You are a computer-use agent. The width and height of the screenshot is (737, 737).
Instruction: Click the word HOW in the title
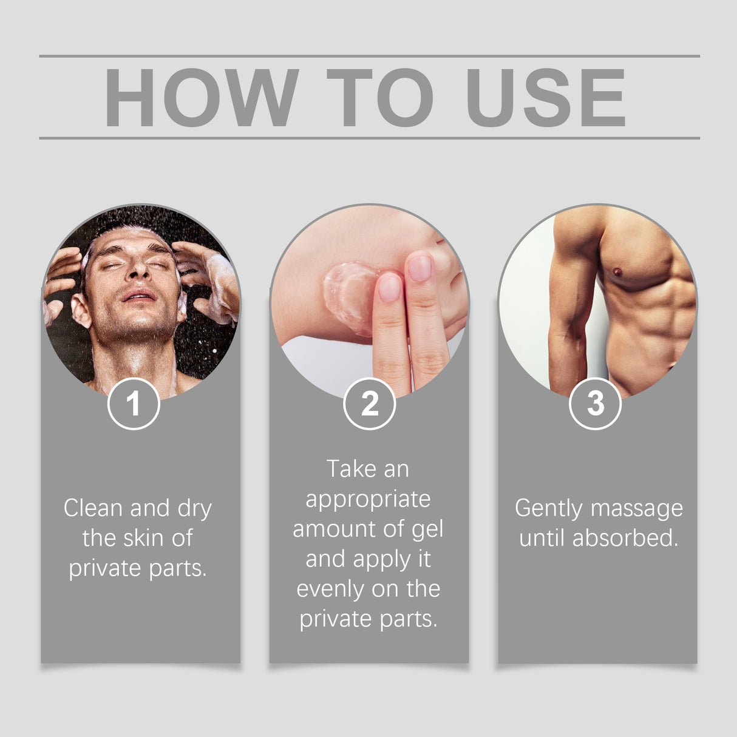(x=202, y=98)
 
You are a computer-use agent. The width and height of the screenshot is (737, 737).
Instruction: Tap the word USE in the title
(x=545, y=98)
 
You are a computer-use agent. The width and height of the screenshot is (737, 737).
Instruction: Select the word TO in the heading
(x=379, y=98)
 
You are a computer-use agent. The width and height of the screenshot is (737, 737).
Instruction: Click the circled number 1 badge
(x=134, y=404)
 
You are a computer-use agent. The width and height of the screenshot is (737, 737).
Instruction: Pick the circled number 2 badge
(x=369, y=404)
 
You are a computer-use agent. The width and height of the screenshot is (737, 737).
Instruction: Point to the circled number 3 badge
(x=596, y=404)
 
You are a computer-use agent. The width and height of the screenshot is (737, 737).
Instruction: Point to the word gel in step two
(x=427, y=529)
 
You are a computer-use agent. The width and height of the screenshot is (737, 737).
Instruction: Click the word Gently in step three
(x=548, y=509)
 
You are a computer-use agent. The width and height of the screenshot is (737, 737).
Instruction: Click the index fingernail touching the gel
(x=390, y=288)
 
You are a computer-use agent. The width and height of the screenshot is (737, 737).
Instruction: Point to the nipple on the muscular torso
(x=617, y=271)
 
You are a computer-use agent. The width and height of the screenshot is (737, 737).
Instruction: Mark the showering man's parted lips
(x=139, y=296)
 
